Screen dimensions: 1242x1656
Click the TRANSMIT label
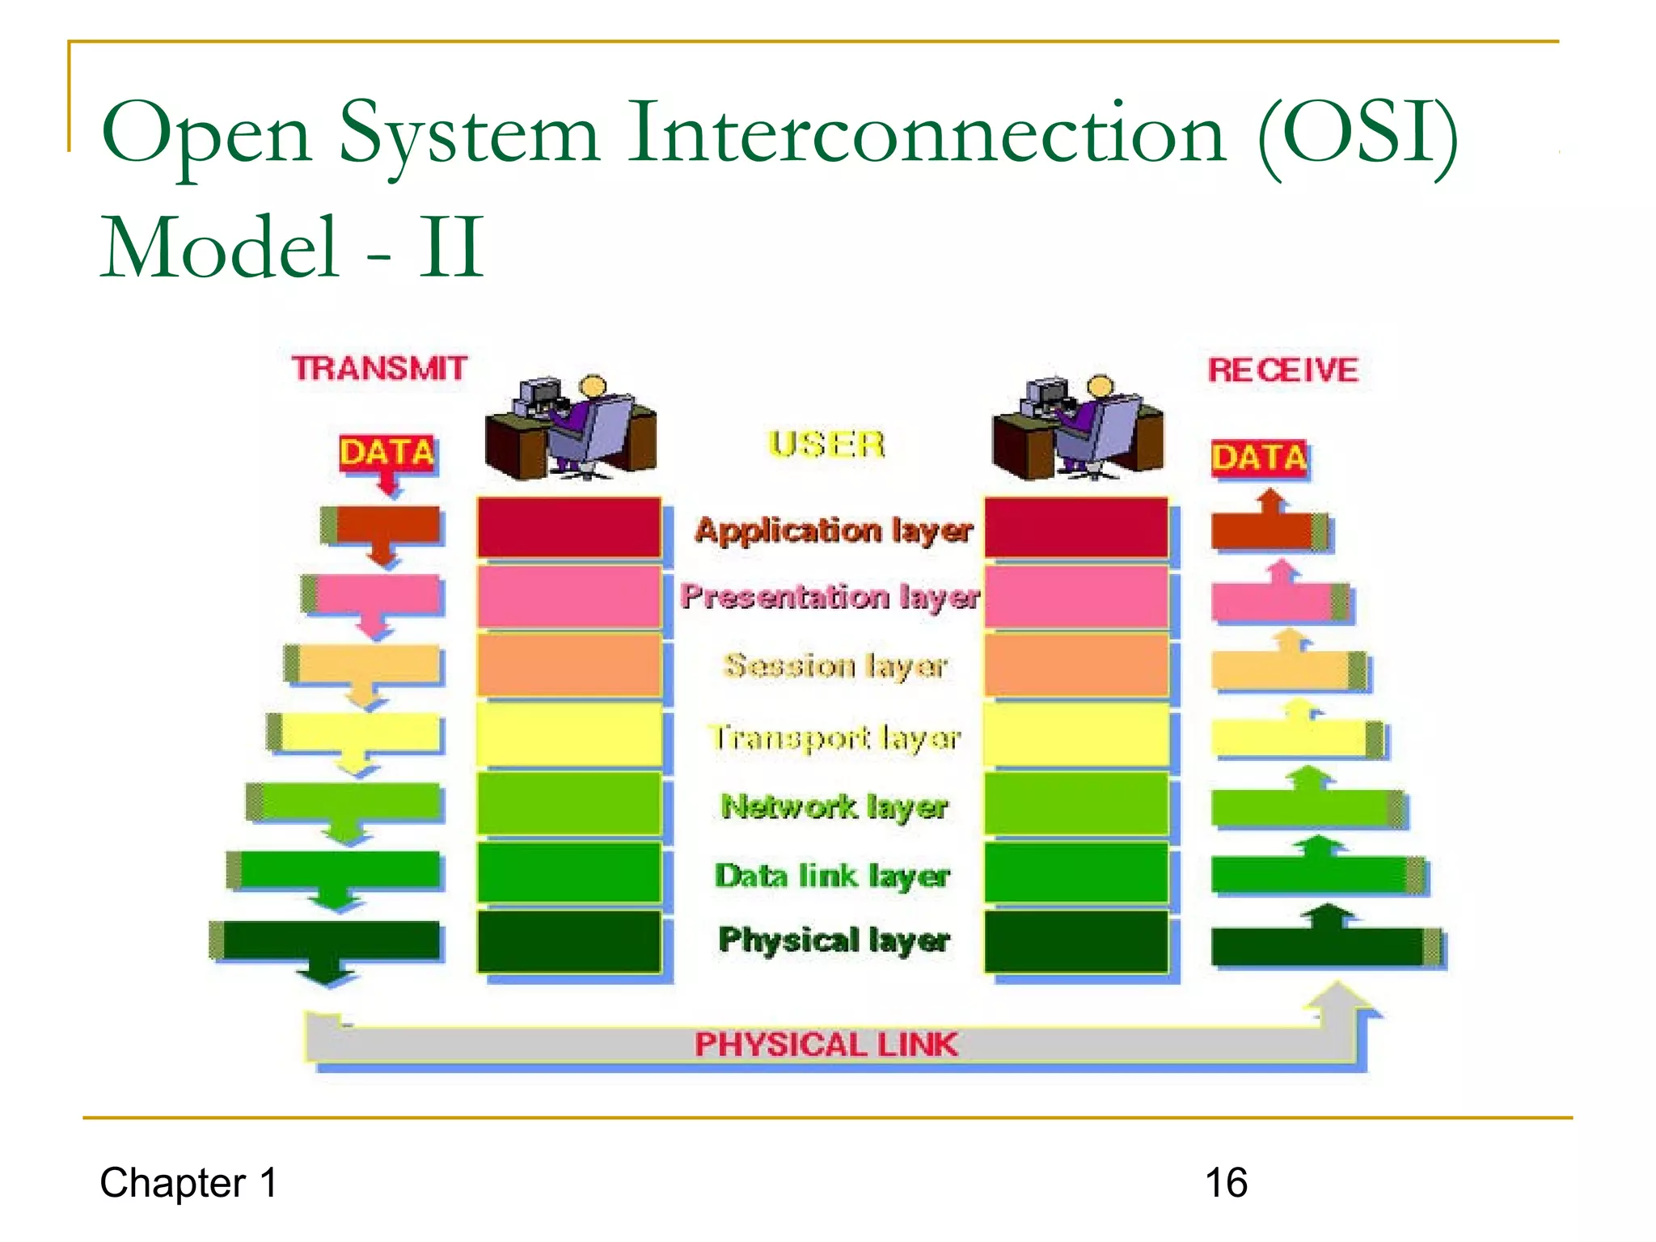379,369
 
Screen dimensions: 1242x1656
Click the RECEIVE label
1282,370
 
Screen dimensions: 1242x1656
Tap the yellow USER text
826,445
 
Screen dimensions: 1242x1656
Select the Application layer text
834,530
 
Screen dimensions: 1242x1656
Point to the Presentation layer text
830,597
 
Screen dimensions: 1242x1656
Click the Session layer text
835,665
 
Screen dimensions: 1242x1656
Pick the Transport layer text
835,737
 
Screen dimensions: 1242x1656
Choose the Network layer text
834,806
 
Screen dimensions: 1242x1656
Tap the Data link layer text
832,876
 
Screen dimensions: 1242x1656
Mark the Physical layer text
834,940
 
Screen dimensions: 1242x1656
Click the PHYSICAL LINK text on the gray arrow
826,1045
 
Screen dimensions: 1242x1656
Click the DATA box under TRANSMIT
387,454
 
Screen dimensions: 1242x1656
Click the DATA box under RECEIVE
1259,458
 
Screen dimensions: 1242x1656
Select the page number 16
1226,1183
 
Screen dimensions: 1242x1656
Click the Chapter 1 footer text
188,1183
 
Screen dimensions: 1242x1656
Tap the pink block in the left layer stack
568,597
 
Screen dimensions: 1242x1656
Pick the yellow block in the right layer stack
1076,734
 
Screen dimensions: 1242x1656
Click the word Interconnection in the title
927,133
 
